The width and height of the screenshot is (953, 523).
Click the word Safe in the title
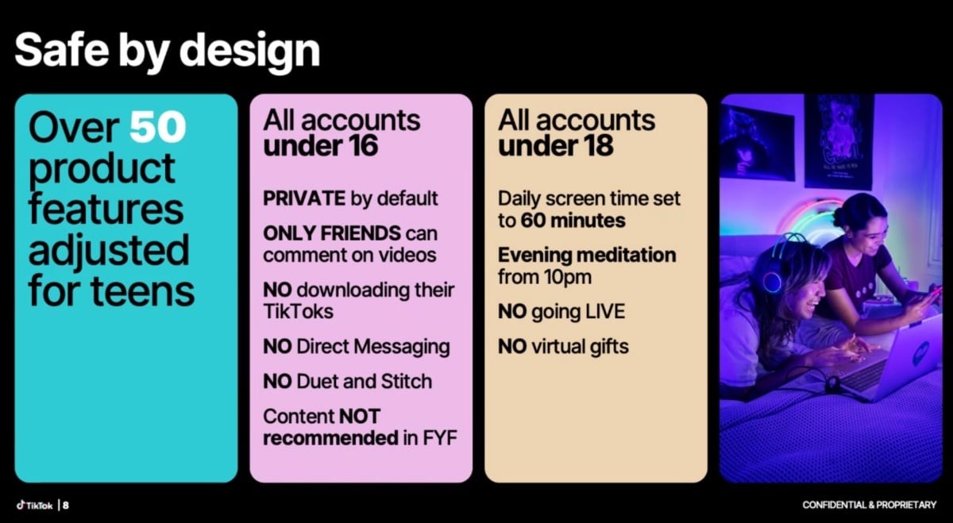[61, 49]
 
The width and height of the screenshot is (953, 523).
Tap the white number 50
[157, 127]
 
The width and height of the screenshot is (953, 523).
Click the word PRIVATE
[304, 198]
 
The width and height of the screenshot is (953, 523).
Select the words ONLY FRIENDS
[332, 233]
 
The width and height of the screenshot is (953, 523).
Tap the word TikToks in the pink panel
[299, 311]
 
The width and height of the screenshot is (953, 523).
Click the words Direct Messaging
[373, 347]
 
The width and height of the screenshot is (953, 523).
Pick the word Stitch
[407, 382]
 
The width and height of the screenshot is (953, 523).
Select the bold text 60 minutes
[573, 221]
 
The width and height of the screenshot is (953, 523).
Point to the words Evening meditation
[587, 255]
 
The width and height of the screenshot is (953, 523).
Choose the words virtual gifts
[581, 347]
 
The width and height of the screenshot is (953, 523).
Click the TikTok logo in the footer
[34, 505]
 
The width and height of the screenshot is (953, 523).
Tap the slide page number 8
[65, 505]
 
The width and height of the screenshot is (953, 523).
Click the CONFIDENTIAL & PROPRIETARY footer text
[869, 505]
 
